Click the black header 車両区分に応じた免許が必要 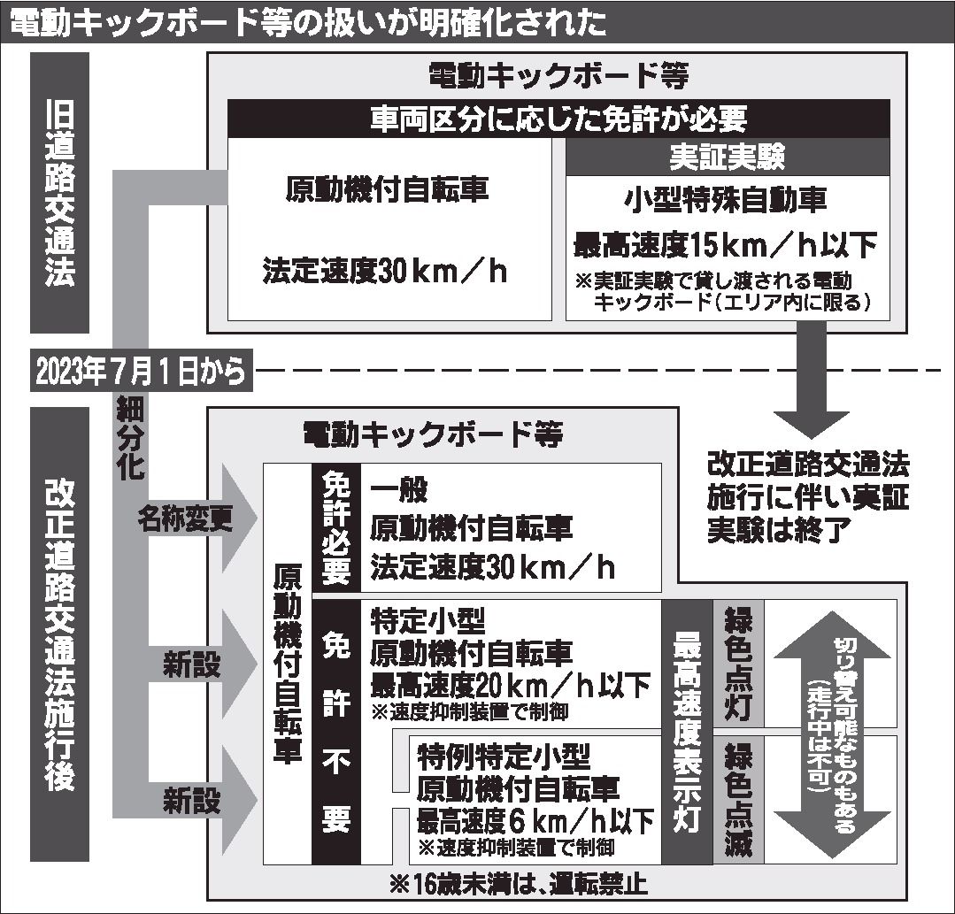(x=558, y=119)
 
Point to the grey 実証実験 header (x=727, y=157)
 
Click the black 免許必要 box (x=335, y=526)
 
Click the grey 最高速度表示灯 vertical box (x=687, y=731)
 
